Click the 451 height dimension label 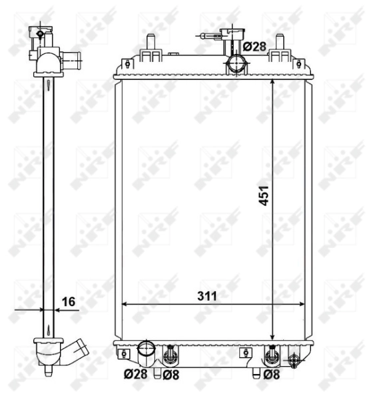coord(264,195)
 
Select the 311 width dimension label coord(208,294)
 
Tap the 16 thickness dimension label coord(67,301)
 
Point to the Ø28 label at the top coord(254,47)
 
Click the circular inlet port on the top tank coord(234,65)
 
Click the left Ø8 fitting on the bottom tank coord(171,354)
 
